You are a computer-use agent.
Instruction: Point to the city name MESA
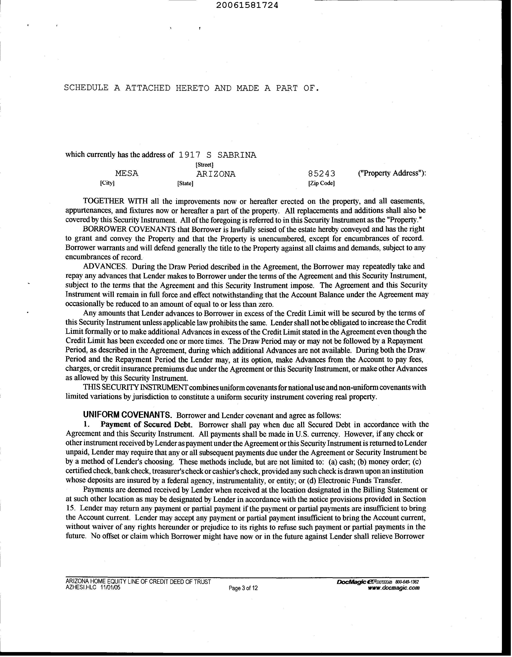point(127,174)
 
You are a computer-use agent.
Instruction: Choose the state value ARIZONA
point(216,174)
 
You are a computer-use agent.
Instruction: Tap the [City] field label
point(107,183)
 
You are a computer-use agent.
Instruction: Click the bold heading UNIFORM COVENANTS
point(127,415)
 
